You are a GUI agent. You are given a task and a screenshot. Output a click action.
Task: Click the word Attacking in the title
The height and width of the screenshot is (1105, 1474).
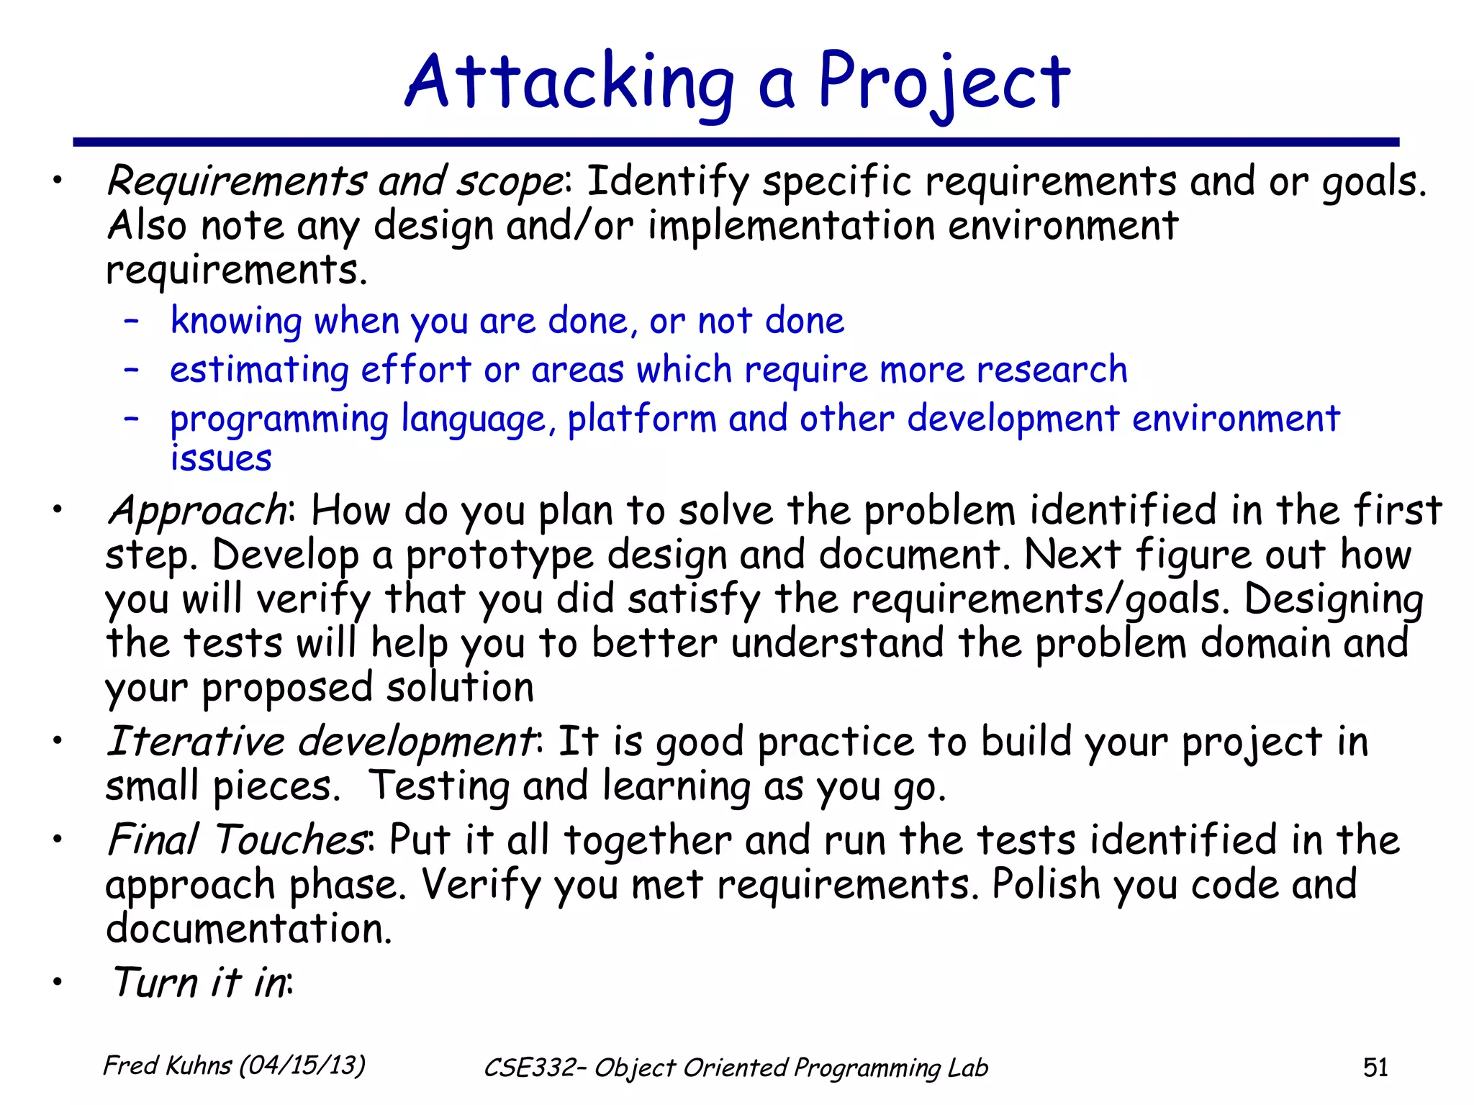point(569,83)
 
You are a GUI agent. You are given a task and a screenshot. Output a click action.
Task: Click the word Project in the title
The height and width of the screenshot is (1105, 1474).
point(944,83)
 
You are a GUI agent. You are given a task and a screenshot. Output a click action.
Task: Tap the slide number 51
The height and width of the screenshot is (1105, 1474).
point(1375,1067)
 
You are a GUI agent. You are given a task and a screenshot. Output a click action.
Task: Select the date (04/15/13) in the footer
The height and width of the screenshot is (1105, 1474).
point(302,1065)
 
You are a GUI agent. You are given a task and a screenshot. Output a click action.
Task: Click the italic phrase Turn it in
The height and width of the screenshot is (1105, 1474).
point(200,983)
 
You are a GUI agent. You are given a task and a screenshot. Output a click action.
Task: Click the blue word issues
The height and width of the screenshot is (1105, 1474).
point(221,459)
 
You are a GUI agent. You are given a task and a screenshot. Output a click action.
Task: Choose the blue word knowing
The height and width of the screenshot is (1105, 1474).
point(236,321)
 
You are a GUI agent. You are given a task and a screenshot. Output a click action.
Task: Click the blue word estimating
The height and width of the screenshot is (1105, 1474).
point(260,370)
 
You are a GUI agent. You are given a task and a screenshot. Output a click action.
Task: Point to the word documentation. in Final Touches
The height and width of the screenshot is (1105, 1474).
point(248,929)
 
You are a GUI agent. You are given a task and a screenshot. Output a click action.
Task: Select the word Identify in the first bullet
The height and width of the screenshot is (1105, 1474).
point(667,181)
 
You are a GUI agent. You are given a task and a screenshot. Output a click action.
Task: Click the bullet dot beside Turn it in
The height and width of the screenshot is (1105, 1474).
point(58,983)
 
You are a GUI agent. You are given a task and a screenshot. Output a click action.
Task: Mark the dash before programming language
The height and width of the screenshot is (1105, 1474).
point(131,419)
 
